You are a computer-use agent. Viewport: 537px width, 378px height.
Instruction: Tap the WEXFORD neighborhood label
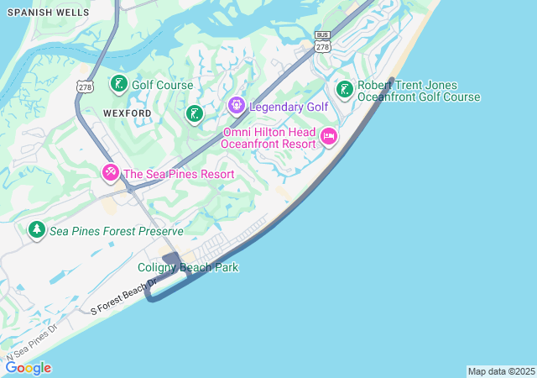click(x=127, y=113)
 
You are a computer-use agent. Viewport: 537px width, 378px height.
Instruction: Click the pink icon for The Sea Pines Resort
click(x=110, y=174)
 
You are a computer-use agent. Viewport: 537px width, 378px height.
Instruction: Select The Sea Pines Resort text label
click(x=178, y=174)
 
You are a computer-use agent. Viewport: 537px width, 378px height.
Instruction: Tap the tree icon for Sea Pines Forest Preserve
click(x=36, y=229)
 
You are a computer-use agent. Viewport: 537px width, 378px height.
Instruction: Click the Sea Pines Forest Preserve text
click(x=116, y=230)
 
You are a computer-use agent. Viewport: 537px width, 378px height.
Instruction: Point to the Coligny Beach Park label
click(x=188, y=267)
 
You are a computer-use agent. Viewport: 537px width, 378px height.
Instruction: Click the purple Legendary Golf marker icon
click(x=236, y=106)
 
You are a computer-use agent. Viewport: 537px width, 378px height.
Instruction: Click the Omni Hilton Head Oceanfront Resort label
click(x=268, y=138)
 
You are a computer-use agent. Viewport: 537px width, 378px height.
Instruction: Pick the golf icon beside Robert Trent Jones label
click(x=344, y=89)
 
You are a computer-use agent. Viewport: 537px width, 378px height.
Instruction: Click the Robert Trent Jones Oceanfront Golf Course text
click(x=419, y=91)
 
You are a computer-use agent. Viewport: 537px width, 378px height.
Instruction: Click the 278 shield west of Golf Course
click(x=83, y=87)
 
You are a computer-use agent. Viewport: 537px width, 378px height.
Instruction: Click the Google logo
click(x=28, y=367)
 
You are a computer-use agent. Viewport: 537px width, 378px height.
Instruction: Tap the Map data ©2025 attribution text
click(x=501, y=371)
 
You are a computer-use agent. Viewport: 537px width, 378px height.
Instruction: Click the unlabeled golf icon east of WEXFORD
click(x=195, y=113)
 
